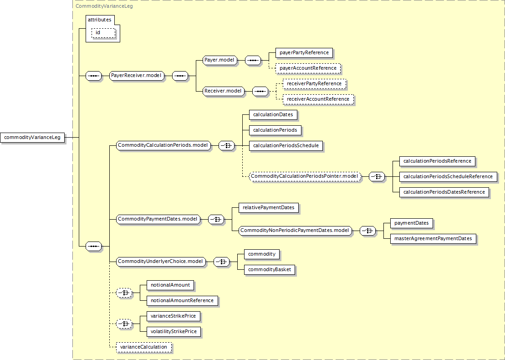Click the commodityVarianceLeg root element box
point(32,137)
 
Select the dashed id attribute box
point(103,33)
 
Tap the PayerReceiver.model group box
point(136,76)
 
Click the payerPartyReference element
point(304,53)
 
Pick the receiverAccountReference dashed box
point(318,99)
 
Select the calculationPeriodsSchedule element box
point(286,146)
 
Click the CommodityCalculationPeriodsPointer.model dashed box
point(304,176)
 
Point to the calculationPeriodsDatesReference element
point(444,192)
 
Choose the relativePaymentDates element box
point(269,207)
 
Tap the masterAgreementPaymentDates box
point(433,239)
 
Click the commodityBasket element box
point(269,269)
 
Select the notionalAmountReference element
point(182,300)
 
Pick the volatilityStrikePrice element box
point(173,332)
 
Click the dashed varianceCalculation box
point(143,347)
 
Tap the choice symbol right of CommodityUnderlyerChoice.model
point(222,262)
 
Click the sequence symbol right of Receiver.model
point(260,91)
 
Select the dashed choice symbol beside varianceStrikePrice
point(124,324)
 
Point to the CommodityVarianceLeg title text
point(104,6)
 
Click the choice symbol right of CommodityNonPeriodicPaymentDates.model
point(368,231)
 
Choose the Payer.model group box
point(219,60)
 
